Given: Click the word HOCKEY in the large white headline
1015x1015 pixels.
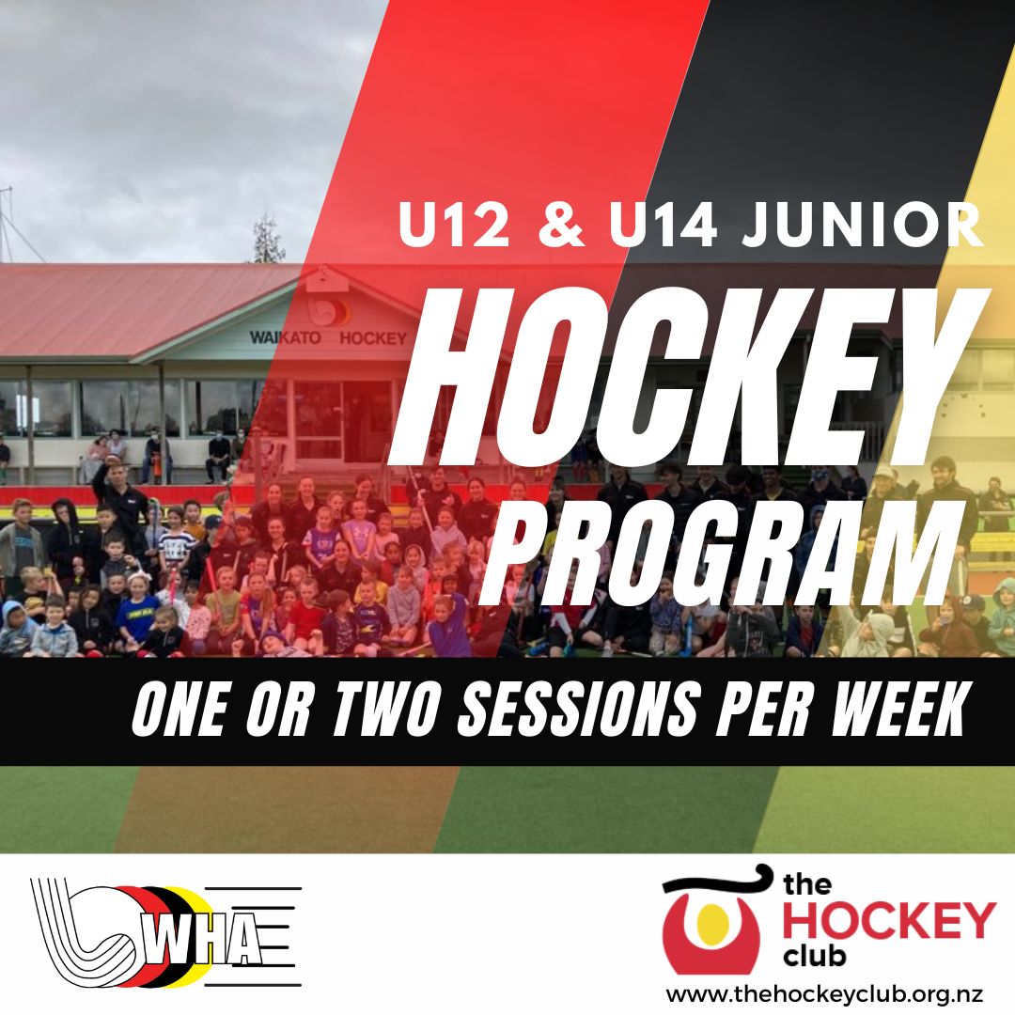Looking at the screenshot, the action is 690,374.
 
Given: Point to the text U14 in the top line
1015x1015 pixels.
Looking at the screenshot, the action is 664,225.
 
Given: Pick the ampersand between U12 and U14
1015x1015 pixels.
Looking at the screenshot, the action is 560,225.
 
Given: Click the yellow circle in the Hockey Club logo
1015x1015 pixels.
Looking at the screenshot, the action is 710,920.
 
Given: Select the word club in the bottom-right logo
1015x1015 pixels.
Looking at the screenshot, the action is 813,956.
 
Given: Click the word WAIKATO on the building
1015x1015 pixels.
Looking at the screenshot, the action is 286,338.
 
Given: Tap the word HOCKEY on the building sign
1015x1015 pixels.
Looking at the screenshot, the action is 373,338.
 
